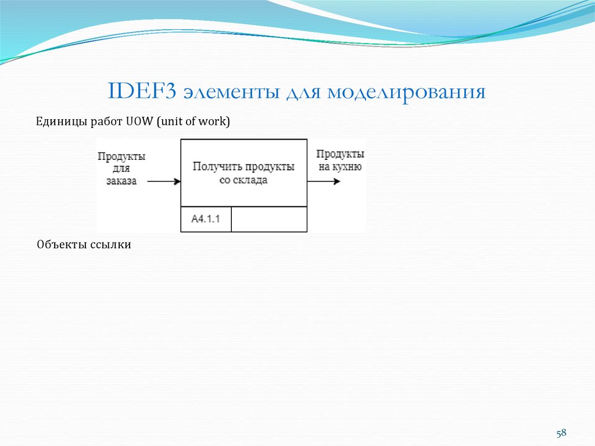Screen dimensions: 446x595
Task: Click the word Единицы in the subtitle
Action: click(59, 122)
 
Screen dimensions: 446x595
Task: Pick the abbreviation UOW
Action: click(138, 122)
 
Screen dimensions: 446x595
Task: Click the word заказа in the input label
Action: click(121, 181)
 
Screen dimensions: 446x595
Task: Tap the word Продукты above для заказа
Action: click(121, 156)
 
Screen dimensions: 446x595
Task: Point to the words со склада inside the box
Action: click(243, 180)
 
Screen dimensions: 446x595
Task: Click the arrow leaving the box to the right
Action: click(324, 181)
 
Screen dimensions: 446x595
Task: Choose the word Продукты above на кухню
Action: click(340, 154)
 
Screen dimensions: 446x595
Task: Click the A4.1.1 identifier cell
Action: click(206, 219)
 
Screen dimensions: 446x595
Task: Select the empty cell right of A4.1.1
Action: click(269, 219)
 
